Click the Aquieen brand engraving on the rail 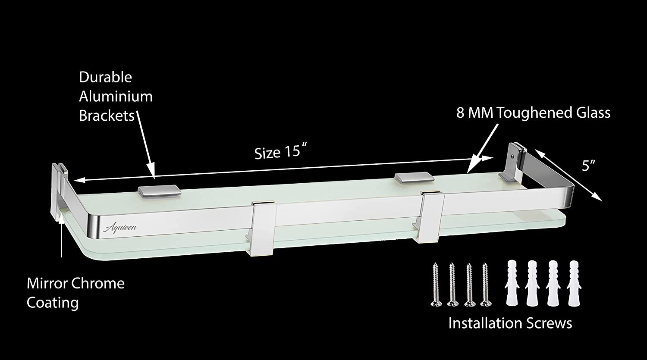(120, 228)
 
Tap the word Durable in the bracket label (105, 77)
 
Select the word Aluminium (116, 97)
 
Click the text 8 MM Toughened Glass (533, 113)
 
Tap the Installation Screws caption (510, 323)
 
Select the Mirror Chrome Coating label (75, 293)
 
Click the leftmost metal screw (436, 285)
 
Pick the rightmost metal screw (486, 285)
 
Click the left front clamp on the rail (262, 229)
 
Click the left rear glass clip (160, 191)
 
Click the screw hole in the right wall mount (512, 156)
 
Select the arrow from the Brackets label (145, 144)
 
